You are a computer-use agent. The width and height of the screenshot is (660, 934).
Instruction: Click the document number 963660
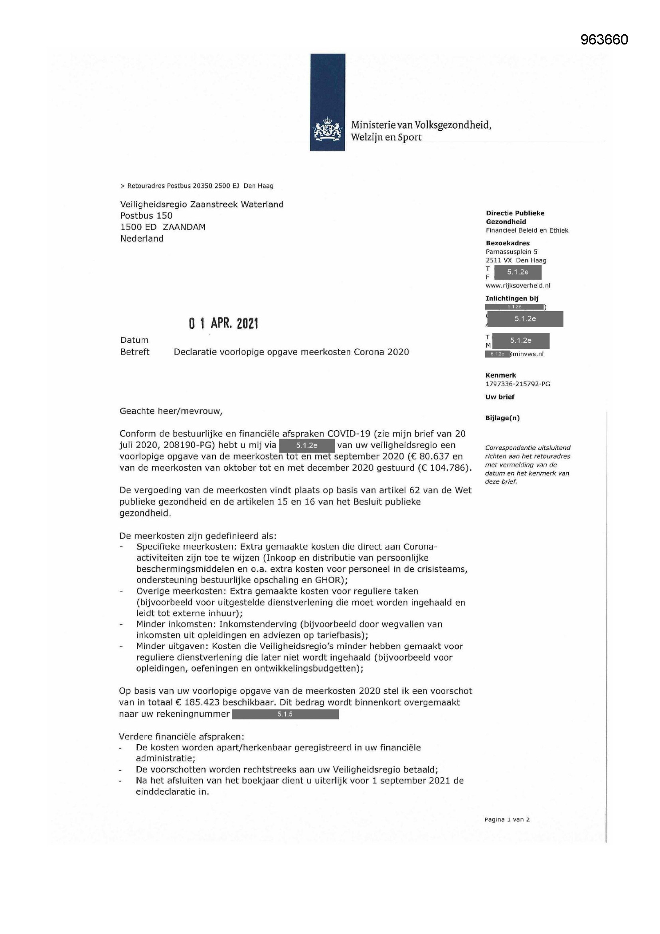[604, 40]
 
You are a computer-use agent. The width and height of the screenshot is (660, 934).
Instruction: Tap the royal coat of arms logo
[327, 130]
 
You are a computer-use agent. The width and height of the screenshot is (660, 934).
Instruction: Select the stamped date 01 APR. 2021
[223, 324]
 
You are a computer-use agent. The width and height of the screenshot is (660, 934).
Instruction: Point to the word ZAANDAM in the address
[184, 227]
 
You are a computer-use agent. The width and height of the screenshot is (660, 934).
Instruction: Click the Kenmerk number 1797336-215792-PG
[518, 384]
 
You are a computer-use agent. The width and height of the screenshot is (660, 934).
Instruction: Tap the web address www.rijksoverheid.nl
[518, 285]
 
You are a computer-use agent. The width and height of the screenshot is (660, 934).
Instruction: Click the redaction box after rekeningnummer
[285, 714]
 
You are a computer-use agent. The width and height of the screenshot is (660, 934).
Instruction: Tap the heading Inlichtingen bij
[512, 298]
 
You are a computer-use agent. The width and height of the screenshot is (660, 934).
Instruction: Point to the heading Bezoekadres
[508, 243]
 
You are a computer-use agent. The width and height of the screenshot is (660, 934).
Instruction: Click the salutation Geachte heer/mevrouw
[171, 411]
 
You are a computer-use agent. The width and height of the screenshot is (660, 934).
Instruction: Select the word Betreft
[134, 352]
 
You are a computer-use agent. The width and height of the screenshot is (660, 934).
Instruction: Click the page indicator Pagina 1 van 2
[507, 820]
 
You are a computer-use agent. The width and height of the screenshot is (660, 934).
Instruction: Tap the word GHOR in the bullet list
[327, 580]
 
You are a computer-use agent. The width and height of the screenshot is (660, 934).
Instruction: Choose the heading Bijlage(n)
[502, 418]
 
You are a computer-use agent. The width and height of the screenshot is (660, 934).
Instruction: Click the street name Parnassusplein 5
[511, 251]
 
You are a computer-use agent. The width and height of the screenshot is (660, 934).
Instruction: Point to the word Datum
[134, 340]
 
